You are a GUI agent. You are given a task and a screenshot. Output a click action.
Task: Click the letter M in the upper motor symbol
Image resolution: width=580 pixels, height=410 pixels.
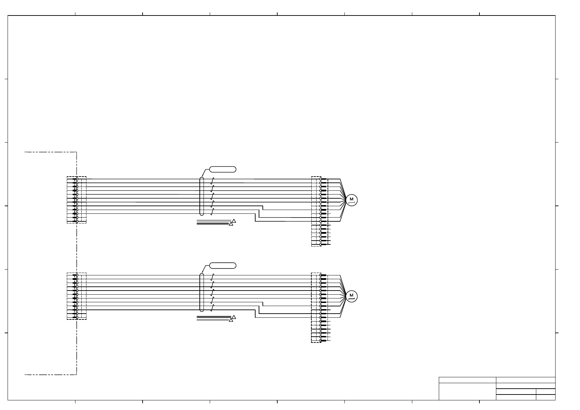351,199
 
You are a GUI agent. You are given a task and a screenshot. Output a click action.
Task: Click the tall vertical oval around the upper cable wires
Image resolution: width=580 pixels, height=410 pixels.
200,196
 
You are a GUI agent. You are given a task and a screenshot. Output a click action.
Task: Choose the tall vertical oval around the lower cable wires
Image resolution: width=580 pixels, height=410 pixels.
200,293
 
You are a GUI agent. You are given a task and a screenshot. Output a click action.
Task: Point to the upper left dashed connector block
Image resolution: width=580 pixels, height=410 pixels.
67,200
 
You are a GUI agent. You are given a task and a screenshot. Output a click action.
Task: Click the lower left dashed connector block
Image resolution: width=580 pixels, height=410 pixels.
67,296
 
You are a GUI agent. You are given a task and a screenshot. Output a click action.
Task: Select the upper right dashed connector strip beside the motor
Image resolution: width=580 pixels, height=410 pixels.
311,211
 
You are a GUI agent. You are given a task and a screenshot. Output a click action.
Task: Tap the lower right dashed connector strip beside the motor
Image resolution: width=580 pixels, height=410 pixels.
311,307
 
